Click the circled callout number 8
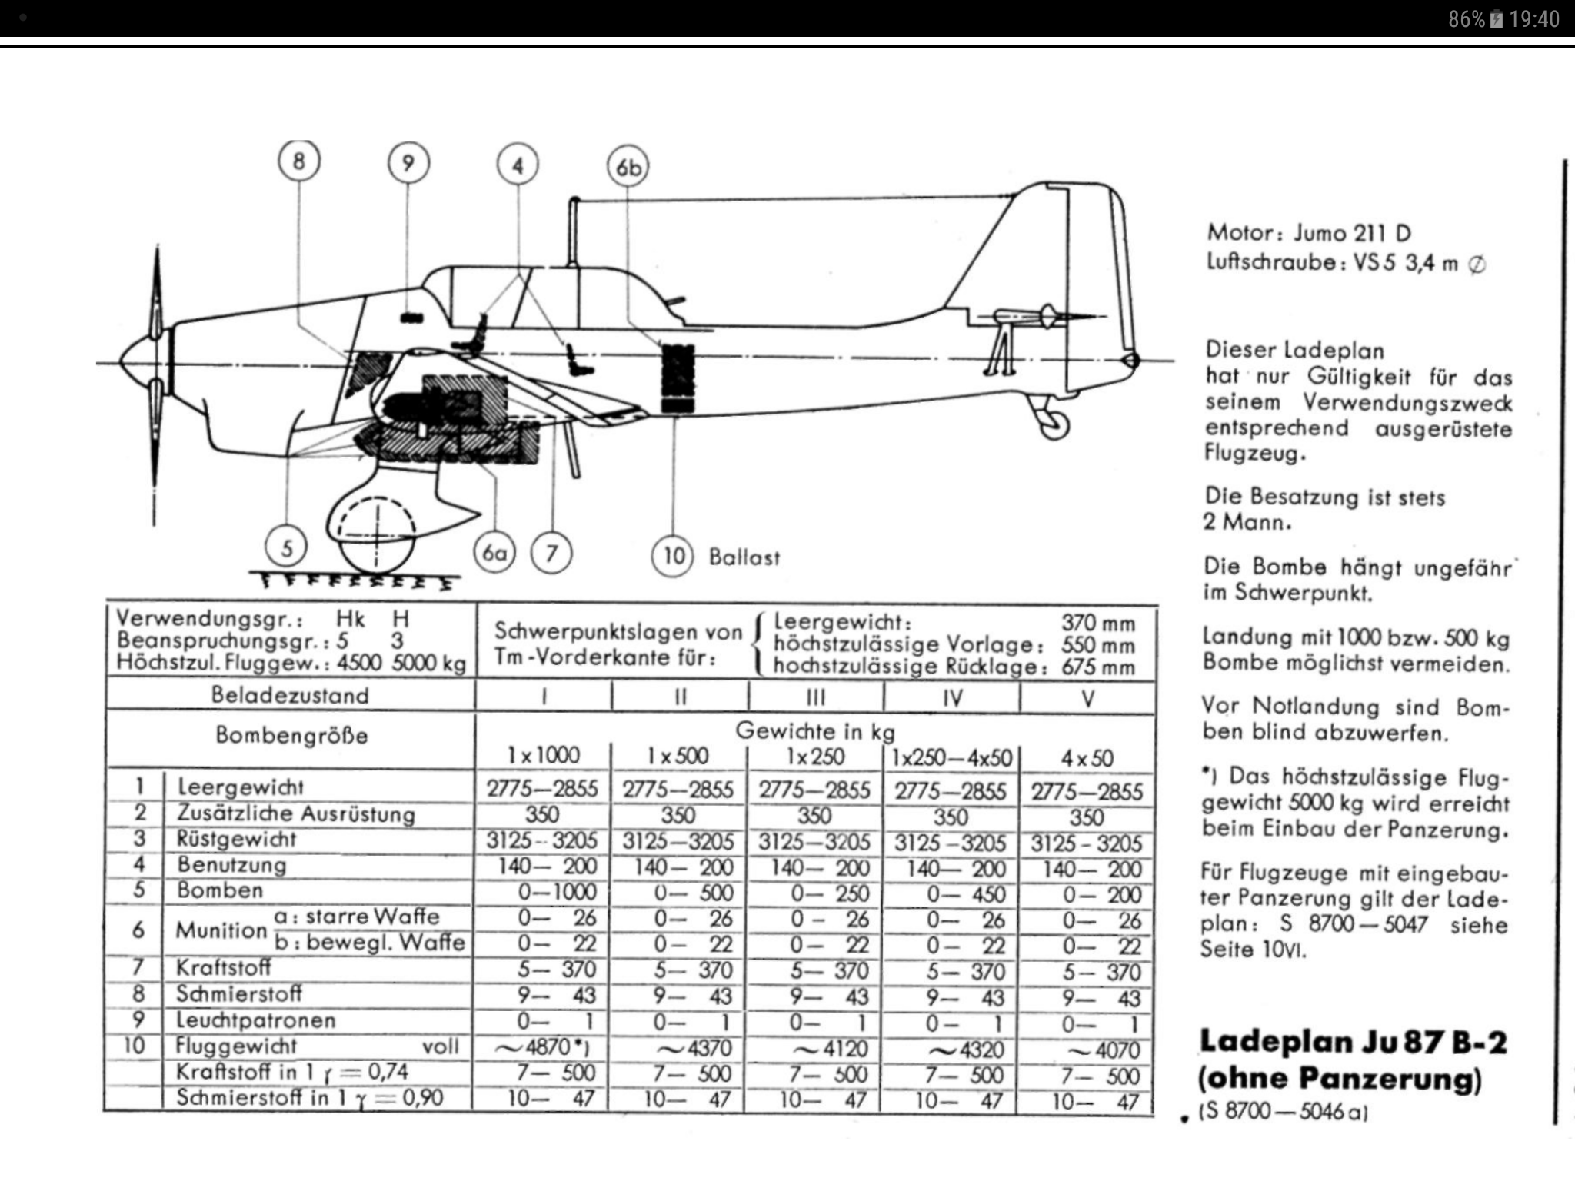[x=298, y=161]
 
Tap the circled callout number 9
[x=408, y=163]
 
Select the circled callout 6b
[x=628, y=168]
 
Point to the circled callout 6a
[x=494, y=553]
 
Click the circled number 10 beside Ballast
[x=673, y=555]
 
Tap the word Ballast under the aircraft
[x=744, y=557]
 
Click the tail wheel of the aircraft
[x=1054, y=424]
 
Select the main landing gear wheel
[x=376, y=538]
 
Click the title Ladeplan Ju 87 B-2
[x=1353, y=1042]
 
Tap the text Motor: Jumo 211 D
[x=1308, y=232]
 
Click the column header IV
[x=952, y=698]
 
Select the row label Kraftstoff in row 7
[x=223, y=967]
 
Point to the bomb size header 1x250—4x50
[x=951, y=757]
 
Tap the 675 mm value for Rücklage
[x=1097, y=667]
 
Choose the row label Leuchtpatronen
[x=256, y=1020]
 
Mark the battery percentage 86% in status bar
[x=1466, y=19]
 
